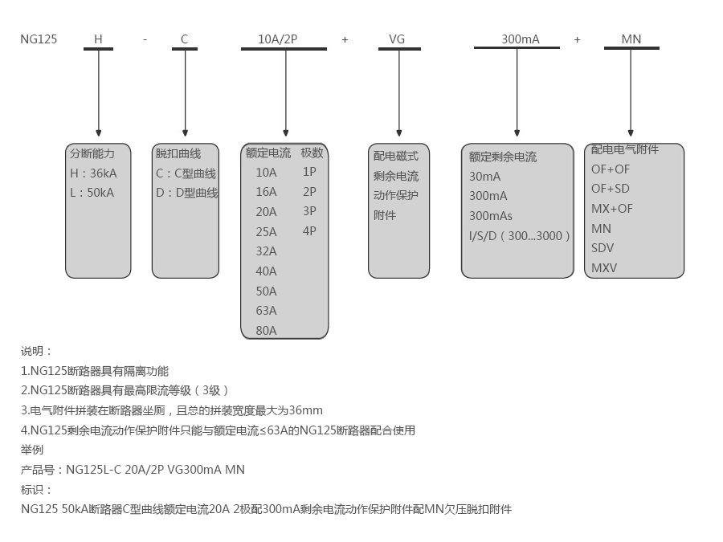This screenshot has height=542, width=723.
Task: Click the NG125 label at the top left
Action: pos(39,39)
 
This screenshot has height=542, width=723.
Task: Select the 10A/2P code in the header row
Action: pos(277,39)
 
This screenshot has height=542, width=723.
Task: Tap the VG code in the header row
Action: pos(397,39)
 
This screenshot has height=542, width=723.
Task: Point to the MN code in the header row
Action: pos(631,39)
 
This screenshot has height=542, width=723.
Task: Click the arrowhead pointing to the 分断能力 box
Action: pos(99,132)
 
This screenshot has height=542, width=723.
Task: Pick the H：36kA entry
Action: pos(93,173)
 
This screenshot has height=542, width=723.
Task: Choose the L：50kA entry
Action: pos(92,193)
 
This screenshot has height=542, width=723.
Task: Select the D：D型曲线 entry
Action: pos(186,193)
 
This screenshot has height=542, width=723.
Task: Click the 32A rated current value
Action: pos(266,251)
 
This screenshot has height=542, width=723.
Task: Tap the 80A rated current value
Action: pos(266,330)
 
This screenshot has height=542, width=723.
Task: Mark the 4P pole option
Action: pos(309,231)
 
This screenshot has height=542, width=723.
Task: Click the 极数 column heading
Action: pos(312,153)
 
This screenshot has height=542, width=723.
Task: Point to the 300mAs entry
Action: pos(491,216)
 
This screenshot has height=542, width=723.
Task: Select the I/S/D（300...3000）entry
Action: pos(520,236)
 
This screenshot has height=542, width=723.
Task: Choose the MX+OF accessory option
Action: pos(612,209)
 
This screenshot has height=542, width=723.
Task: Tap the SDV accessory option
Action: pos(602,248)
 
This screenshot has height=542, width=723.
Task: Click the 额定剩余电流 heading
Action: pos(503,157)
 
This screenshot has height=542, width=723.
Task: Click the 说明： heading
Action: pos(36,351)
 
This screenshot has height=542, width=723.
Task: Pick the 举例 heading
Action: pos(32,450)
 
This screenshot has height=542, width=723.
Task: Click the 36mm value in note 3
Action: pos(306,410)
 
